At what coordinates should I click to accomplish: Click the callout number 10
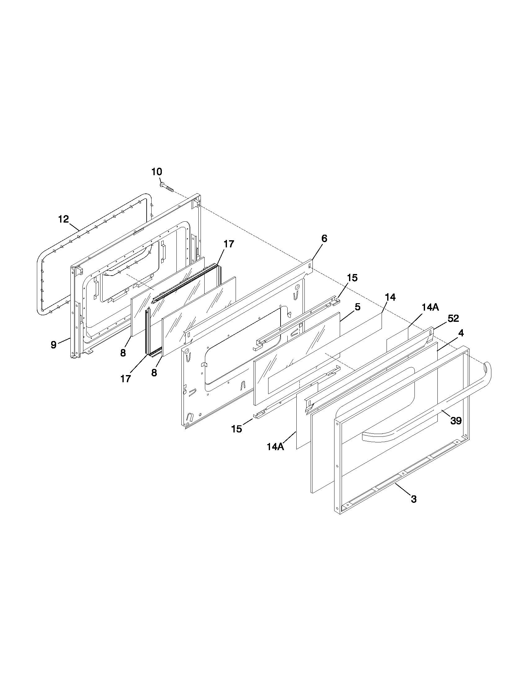[157, 172]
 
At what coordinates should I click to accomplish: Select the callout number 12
[63, 219]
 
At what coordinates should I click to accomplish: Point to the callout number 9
[54, 345]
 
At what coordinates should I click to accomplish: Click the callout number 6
[324, 239]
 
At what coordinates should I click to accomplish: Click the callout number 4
[461, 333]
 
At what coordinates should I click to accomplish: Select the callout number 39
[456, 421]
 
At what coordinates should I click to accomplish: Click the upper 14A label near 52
[430, 308]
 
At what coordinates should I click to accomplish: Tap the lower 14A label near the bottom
[275, 447]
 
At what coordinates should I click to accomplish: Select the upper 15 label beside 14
[352, 278]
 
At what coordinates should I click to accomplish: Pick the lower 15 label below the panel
[237, 429]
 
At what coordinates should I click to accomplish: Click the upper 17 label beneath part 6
[229, 244]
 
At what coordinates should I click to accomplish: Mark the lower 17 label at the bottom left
[126, 379]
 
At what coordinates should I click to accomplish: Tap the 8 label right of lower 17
[154, 373]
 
